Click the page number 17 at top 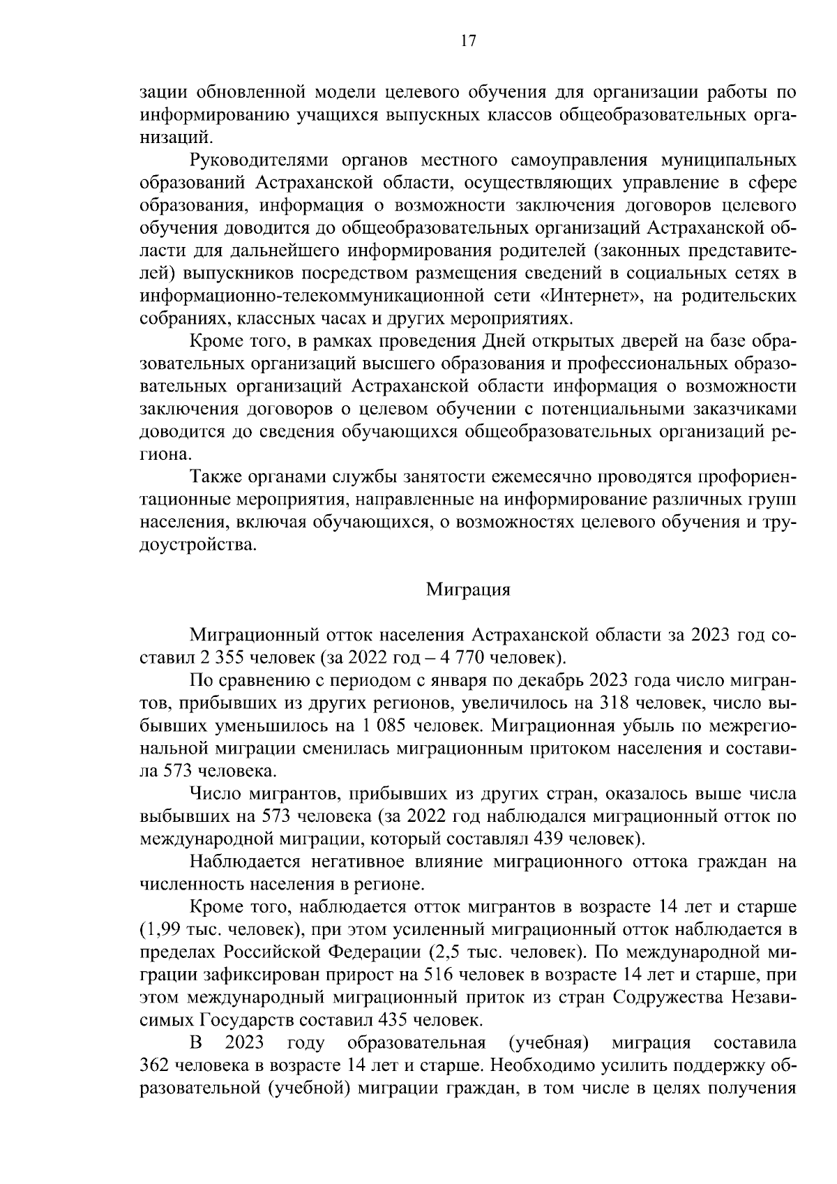tap(468, 41)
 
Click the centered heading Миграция tap(468, 590)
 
